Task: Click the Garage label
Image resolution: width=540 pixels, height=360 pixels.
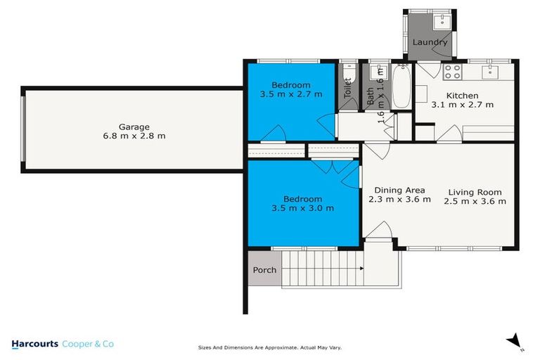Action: point(133,127)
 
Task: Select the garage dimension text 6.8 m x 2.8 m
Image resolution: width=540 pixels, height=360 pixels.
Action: point(133,136)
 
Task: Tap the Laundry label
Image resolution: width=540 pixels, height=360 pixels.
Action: point(430,42)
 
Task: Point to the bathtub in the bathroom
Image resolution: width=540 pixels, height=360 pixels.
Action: point(402,86)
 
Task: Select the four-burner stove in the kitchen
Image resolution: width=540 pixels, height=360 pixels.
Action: point(450,72)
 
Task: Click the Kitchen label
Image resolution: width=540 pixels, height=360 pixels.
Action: point(462,96)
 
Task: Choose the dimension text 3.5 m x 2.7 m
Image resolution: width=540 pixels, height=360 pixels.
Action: point(290,94)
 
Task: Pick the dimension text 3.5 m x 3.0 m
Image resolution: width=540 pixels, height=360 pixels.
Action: point(302,208)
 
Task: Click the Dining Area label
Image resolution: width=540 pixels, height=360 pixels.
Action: point(399,190)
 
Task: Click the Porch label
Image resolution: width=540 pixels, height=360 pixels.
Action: point(264,270)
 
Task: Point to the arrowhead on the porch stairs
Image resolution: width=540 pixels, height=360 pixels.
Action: point(361,269)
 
